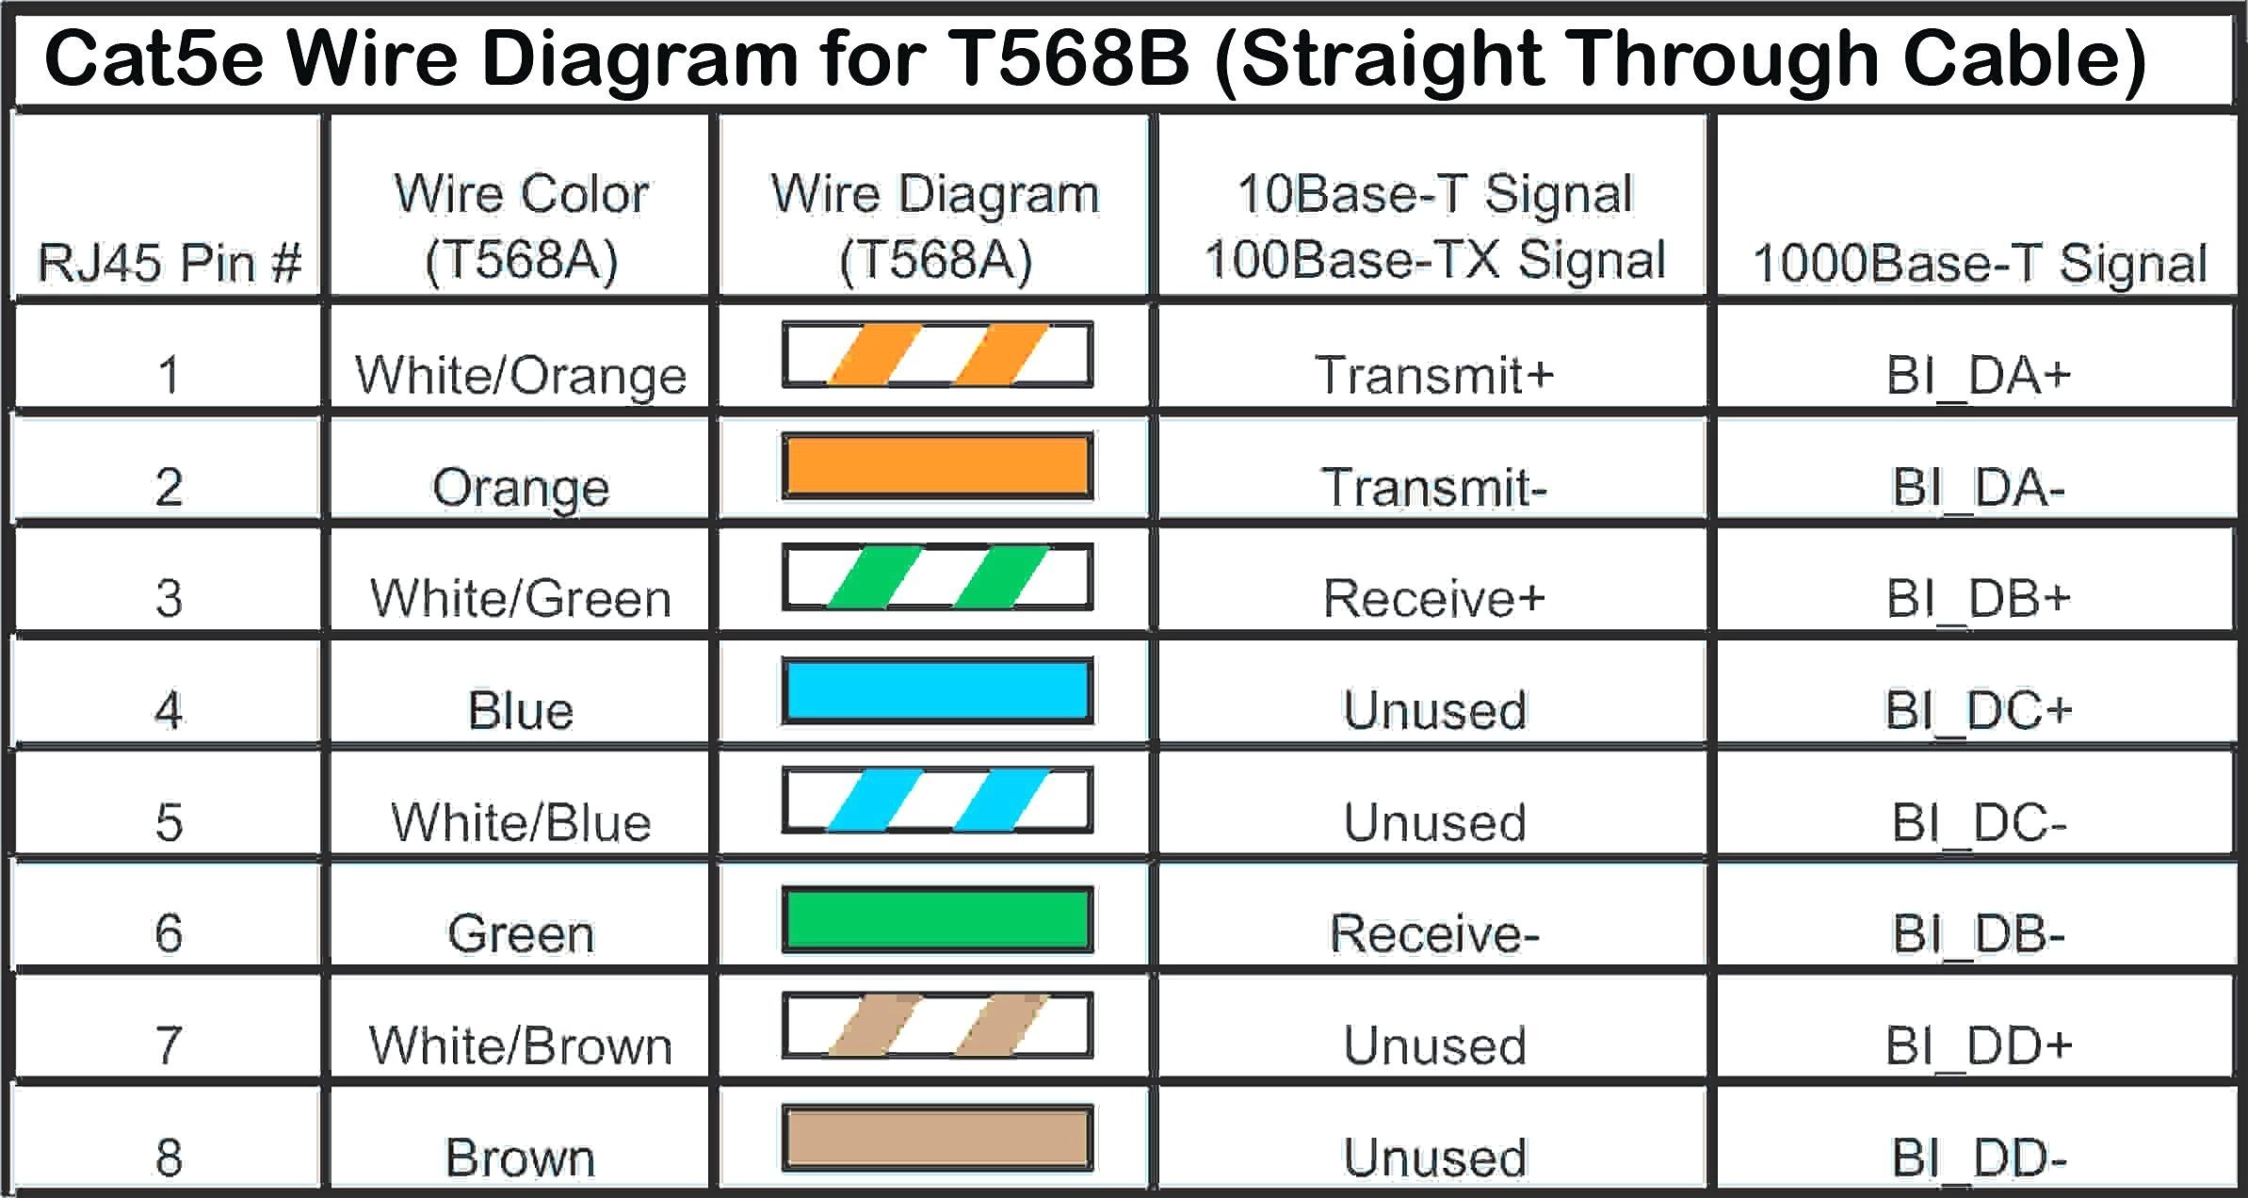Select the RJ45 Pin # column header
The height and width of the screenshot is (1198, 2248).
tap(170, 262)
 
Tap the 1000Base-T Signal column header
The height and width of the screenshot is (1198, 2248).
tap(1979, 263)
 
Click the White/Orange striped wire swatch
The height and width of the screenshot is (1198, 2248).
tap(937, 355)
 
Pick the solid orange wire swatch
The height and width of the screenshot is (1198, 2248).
tap(937, 466)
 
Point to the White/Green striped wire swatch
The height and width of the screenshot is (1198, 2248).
tap(937, 577)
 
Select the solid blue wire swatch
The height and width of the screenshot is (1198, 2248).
tap(937, 690)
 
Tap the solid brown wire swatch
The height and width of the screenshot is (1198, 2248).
tap(937, 1138)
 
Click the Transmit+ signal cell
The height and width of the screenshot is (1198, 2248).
tap(1433, 375)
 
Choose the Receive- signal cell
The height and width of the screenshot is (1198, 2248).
tap(1433, 933)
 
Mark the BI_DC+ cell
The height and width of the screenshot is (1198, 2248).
tap(1979, 710)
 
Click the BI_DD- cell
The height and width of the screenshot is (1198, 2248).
tap(1979, 1158)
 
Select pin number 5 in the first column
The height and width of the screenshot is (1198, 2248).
tap(170, 822)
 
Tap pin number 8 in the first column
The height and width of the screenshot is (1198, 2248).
tap(170, 1158)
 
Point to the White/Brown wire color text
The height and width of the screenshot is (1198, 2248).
tap(521, 1045)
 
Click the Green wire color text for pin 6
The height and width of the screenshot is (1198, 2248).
tap(521, 933)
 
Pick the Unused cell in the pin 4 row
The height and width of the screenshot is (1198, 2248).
tap(1433, 710)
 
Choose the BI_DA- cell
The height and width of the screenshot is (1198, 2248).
tap(1979, 487)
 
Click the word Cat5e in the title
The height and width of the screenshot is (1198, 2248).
tap(156, 58)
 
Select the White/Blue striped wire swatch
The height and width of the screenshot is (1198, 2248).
tap(937, 801)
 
